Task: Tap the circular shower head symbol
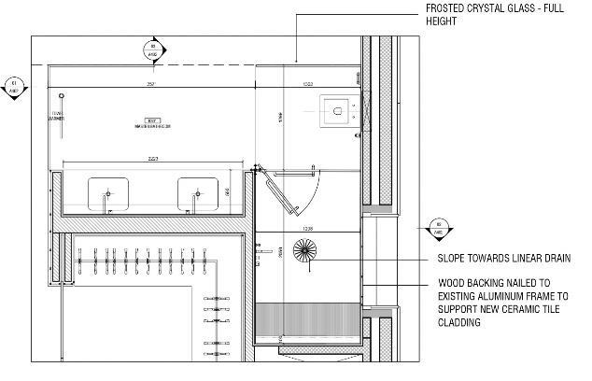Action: (305, 249)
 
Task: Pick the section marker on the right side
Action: (437, 227)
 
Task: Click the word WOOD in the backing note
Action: (451, 283)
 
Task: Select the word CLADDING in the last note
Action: (461, 323)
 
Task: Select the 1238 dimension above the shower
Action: (305, 229)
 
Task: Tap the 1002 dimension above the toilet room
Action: (308, 84)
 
